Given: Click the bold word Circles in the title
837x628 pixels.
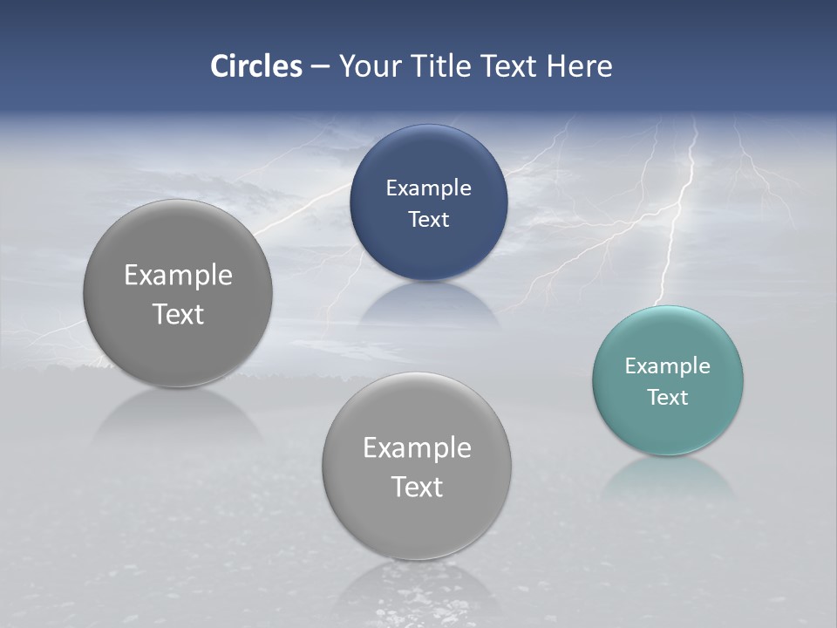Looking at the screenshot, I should pyautogui.click(x=255, y=66).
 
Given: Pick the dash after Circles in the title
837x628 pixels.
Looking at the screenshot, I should pyautogui.click(x=319, y=67).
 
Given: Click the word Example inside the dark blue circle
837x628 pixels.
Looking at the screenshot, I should pyautogui.click(x=428, y=188).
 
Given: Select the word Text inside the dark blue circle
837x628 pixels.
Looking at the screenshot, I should pyautogui.click(x=428, y=219).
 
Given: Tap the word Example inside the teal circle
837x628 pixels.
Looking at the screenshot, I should pyautogui.click(x=667, y=366).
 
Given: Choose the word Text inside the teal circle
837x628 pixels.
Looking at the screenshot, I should pyautogui.click(x=668, y=398).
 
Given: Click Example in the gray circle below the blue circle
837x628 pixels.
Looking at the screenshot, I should pyautogui.click(x=417, y=448).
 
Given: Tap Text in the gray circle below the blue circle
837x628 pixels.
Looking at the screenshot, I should pyautogui.click(x=417, y=487).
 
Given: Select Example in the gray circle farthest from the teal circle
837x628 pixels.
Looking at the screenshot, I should pyautogui.click(x=178, y=276).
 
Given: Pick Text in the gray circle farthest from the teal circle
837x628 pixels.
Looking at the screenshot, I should pyautogui.click(x=178, y=314).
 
